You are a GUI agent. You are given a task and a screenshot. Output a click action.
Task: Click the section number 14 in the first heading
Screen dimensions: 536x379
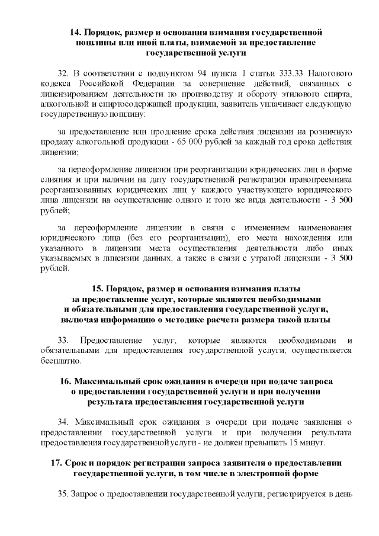[x=75, y=30]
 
